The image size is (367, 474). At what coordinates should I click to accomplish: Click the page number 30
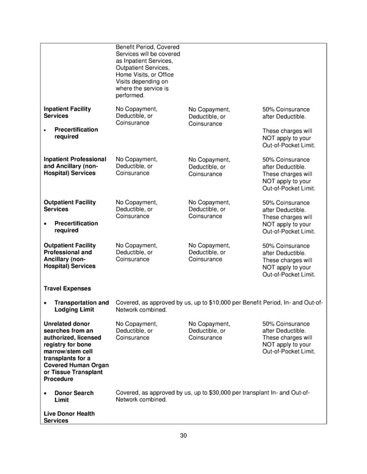click(183, 436)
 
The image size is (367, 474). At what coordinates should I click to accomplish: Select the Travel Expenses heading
click(67, 288)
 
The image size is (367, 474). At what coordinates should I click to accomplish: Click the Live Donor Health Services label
click(69, 418)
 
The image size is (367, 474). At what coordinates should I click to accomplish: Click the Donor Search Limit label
click(74, 396)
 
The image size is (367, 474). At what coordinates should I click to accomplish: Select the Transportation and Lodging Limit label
click(81, 306)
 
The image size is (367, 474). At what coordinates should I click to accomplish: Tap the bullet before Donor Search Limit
click(46, 393)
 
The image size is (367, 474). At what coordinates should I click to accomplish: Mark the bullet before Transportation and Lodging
click(46, 303)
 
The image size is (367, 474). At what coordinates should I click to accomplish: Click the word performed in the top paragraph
click(130, 95)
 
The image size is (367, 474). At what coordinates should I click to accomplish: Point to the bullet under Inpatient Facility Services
click(46, 130)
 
